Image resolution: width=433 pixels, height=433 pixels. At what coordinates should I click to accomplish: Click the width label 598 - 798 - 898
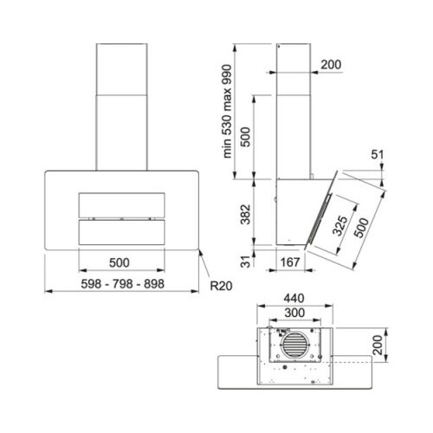[x=123, y=284]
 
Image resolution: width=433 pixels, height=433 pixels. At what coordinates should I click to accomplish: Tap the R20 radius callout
[x=221, y=286]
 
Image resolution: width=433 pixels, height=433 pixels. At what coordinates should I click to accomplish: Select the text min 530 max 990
[x=227, y=111]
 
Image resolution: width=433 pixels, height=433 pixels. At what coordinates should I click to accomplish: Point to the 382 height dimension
[x=246, y=214]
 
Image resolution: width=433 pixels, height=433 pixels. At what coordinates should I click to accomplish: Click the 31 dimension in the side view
[x=246, y=262]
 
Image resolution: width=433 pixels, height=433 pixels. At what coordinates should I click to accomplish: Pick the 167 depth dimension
[x=290, y=262]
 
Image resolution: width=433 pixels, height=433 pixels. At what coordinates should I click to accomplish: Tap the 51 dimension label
[x=377, y=154]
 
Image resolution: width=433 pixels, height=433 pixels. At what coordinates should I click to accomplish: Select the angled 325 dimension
[x=340, y=225]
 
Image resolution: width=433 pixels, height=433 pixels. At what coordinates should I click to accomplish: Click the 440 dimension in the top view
[x=294, y=298]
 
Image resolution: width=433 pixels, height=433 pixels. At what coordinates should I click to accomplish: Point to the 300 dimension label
[x=294, y=313]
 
